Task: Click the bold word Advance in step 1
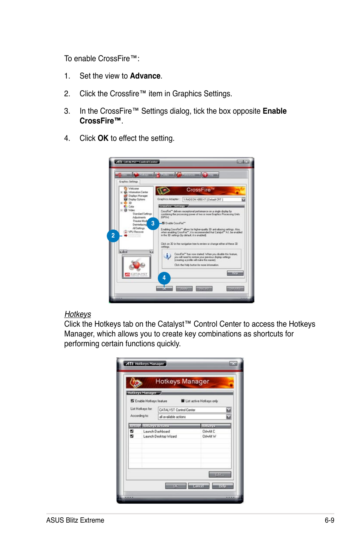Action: click(x=145, y=76)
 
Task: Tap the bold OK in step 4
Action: click(x=103, y=138)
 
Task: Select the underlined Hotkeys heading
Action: click(x=78, y=314)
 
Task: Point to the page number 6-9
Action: click(x=329, y=520)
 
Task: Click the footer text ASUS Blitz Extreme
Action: click(x=75, y=520)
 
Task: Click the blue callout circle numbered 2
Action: click(x=113, y=236)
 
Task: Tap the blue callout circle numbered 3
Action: click(x=153, y=224)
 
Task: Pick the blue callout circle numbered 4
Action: click(x=164, y=278)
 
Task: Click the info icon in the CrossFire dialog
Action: click(x=167, y=256)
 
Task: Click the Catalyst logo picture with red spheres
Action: click(x=137, y=267)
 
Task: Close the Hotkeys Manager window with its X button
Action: click(x=233, y=363)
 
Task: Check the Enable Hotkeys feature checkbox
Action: click(x=132, y=401)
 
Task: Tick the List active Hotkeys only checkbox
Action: click(x=183, y=401)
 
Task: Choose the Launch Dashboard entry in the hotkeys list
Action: click(x=156, y=431)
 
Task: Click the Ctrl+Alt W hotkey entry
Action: click(x=209, y=436)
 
